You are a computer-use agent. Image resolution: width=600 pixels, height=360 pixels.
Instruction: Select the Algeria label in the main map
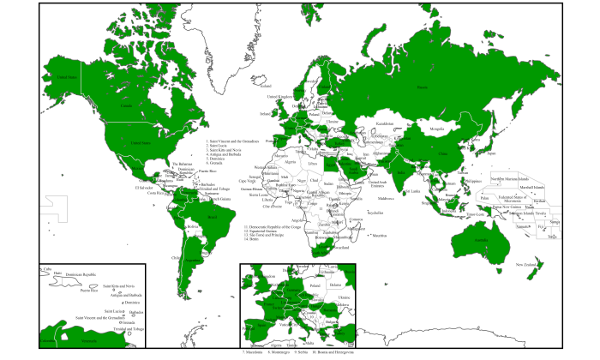tap(288, 159)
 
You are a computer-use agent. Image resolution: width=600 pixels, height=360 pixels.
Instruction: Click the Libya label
tap(312, 163)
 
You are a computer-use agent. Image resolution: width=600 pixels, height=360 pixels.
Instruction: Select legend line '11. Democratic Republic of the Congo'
tap(273, 227)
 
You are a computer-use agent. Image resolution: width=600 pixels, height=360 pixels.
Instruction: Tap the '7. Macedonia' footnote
tap(255, 352)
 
